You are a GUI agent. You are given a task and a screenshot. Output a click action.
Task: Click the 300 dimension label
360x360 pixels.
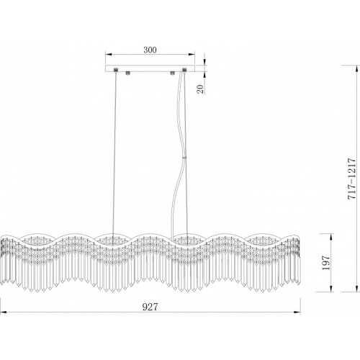150,50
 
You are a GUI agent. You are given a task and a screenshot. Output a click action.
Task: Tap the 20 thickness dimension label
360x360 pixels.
200,89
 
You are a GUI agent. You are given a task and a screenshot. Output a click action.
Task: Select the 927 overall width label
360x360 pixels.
150,307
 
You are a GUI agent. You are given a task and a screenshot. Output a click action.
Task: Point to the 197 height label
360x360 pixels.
326,263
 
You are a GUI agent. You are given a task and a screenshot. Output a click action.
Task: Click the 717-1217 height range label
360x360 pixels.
351,179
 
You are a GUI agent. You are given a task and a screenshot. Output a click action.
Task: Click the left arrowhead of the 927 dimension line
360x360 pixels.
3,312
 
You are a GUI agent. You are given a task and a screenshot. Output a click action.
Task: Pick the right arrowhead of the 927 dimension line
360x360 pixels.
297,312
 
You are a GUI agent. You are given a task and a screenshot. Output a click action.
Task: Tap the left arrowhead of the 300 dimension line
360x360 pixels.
109,54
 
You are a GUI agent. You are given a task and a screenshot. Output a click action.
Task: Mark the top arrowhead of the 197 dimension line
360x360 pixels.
331,236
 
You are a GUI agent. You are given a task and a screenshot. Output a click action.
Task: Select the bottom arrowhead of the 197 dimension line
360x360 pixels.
331,289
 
